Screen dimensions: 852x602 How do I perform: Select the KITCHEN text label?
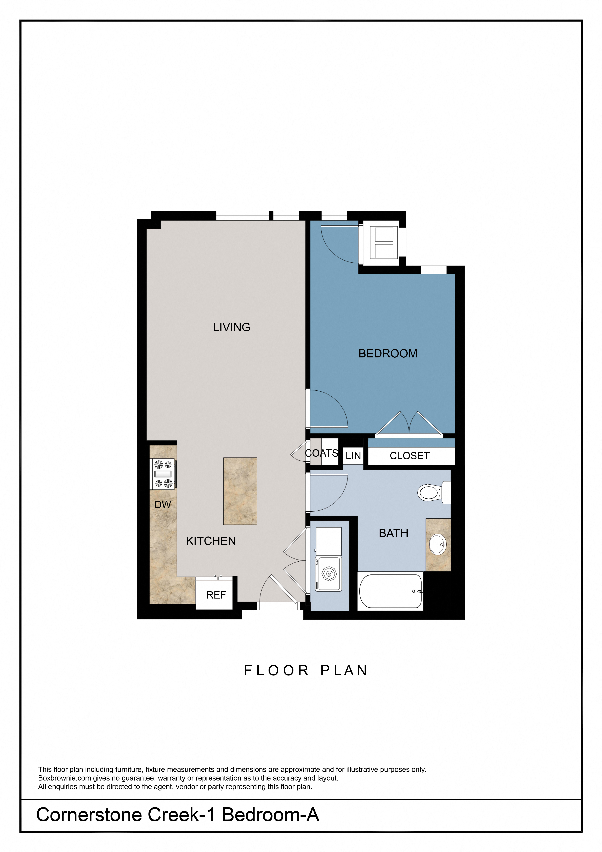pyautogui.click(x=211, y=541)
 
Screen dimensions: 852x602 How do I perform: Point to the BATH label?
pyautogui.click(x=393, y=533)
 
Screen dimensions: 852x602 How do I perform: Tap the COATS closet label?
pyautogui.click(x=321, y=453)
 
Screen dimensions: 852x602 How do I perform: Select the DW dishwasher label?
pyautogui.click(x=163, y=505)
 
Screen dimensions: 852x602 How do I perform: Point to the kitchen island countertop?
pyautogui.click(x=240, y=491)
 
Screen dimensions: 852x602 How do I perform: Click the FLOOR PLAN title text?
pyautogui.click(x=306, y=671)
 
